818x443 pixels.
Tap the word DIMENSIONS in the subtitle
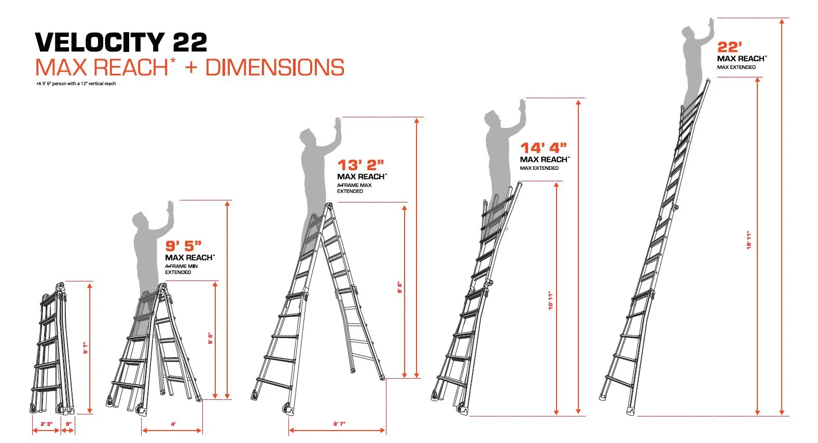[x=274, y=67]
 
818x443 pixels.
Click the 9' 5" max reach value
[x=183, y=246]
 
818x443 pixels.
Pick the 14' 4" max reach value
[x=544, y=147]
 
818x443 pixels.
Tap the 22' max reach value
[x=729, y=47]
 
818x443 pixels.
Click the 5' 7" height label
[x=86, y=348]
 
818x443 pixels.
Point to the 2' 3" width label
[x=46, y=424]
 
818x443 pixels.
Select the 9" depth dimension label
[x=68, y=424]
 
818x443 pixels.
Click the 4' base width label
[x=173, y=424]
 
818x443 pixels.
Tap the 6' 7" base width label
[x=339, y=424]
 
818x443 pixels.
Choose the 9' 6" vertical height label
[x=399, y=287]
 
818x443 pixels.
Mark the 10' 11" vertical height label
[x=551, y=301]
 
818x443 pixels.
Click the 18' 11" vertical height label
[x=748, y=240]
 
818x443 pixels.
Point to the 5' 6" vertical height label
[x=211, y=338]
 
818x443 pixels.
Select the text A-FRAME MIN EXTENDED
[x=181, y=270]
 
